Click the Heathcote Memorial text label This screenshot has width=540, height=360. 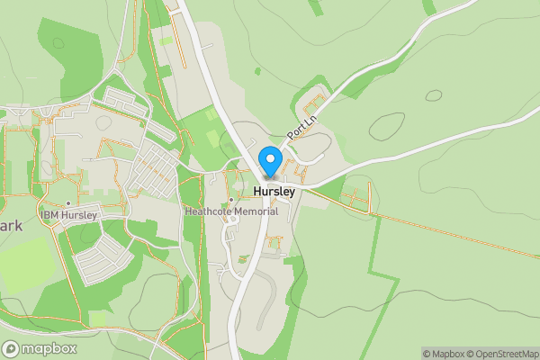pos(230,212)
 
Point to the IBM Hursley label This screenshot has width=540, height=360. pos(69,216)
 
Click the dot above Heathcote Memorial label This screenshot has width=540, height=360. pos(231,200)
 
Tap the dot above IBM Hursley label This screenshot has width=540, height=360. pos(69,204)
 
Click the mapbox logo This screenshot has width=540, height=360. pos(40,348)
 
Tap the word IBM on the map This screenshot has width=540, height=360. pos(49,216)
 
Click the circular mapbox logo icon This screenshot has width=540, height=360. pos(11,348)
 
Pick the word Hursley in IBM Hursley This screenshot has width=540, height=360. pos(78,216)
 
